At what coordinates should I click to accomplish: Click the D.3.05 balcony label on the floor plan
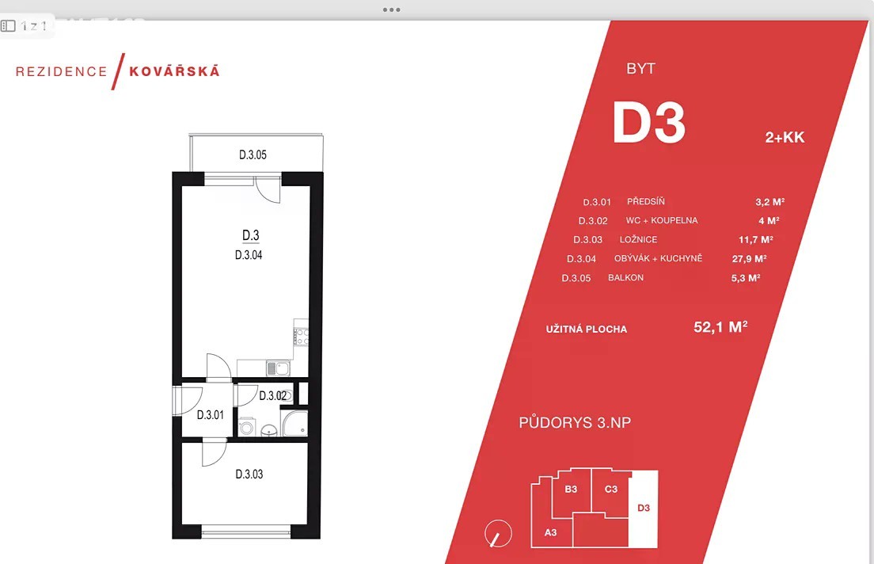pos(253,154)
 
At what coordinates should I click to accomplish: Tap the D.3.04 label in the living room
pos(249,255)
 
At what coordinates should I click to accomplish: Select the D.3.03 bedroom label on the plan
pos(249,474)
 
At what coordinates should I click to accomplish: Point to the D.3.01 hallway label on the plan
pos(210,415)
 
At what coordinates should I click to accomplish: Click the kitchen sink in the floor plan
pos(278,368)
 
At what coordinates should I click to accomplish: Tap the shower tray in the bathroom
pos(294,423)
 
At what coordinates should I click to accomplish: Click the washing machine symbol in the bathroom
pos(246,427)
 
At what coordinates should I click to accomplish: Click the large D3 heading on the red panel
pos(649,123)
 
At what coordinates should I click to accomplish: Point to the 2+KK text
pos(785,137)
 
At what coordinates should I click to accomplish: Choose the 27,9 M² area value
pos(749,258)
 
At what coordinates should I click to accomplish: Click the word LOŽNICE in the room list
pos(638,239)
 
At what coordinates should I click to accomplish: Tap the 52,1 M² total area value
pos(720,326)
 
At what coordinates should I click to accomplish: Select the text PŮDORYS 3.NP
pos(575,422)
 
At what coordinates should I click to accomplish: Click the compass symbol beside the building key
pos(498,534)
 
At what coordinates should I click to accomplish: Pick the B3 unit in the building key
pos(571,490)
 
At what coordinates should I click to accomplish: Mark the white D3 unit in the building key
pos(644,509)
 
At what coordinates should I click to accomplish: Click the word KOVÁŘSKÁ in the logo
pos(174,70)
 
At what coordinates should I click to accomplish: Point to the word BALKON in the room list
pos(625,277)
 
